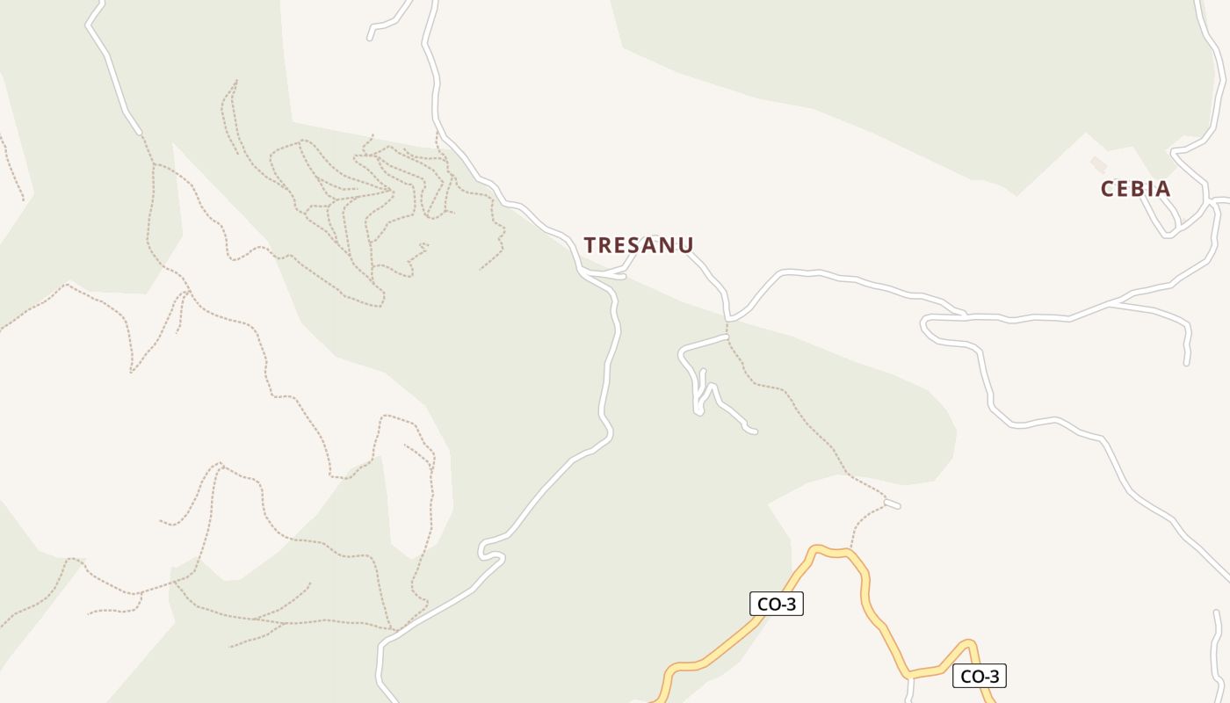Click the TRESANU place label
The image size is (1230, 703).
tap(639, 245)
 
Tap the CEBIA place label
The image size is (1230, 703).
tap(1135, 189)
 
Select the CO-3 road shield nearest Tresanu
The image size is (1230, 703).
tap(777, 604)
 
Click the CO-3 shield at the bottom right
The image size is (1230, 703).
tap(979, 676)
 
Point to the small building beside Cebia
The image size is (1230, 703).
tap(1098, 163)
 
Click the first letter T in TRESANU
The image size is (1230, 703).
tap(591, 245)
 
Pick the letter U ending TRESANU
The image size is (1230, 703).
tap(685, 245)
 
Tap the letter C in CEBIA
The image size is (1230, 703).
tap(1108, 189)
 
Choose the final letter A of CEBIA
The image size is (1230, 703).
tap(1162, 189)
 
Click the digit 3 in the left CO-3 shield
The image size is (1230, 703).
tap(792, 604)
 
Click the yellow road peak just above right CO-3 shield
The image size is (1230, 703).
tap(968, 643)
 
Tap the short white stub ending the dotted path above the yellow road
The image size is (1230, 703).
tap(893, 504)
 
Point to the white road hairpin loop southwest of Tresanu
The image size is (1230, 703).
tap(482, 551)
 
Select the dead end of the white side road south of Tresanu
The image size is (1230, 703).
tap(752, 431)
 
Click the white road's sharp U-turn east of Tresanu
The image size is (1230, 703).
tap(924, 326)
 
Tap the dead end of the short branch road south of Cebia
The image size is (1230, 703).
tap(1186, 361)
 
